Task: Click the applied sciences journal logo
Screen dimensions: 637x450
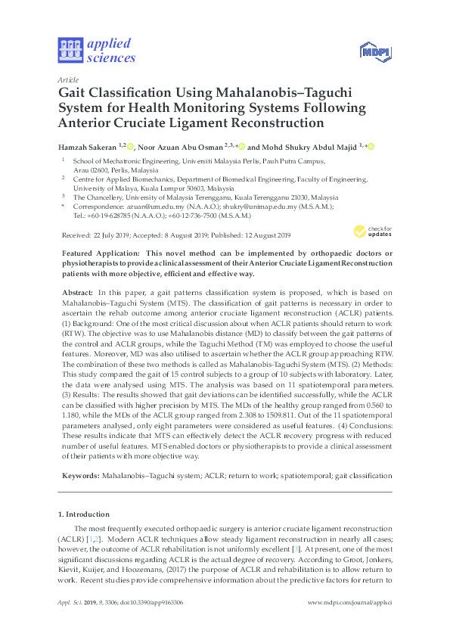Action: [x=96, y=51]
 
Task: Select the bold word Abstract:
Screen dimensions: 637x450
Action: [x=77, y=292]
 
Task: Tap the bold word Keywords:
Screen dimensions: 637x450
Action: [x=79, y=477]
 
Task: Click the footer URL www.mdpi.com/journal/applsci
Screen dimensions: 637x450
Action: [x=350, y=601]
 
